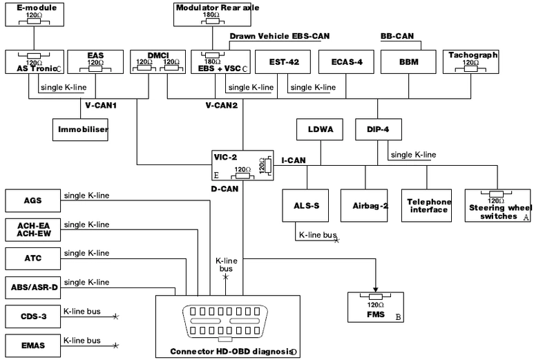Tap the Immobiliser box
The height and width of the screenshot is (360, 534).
tap(81, 129)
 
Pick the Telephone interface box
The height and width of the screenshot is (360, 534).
tap(428, 205)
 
